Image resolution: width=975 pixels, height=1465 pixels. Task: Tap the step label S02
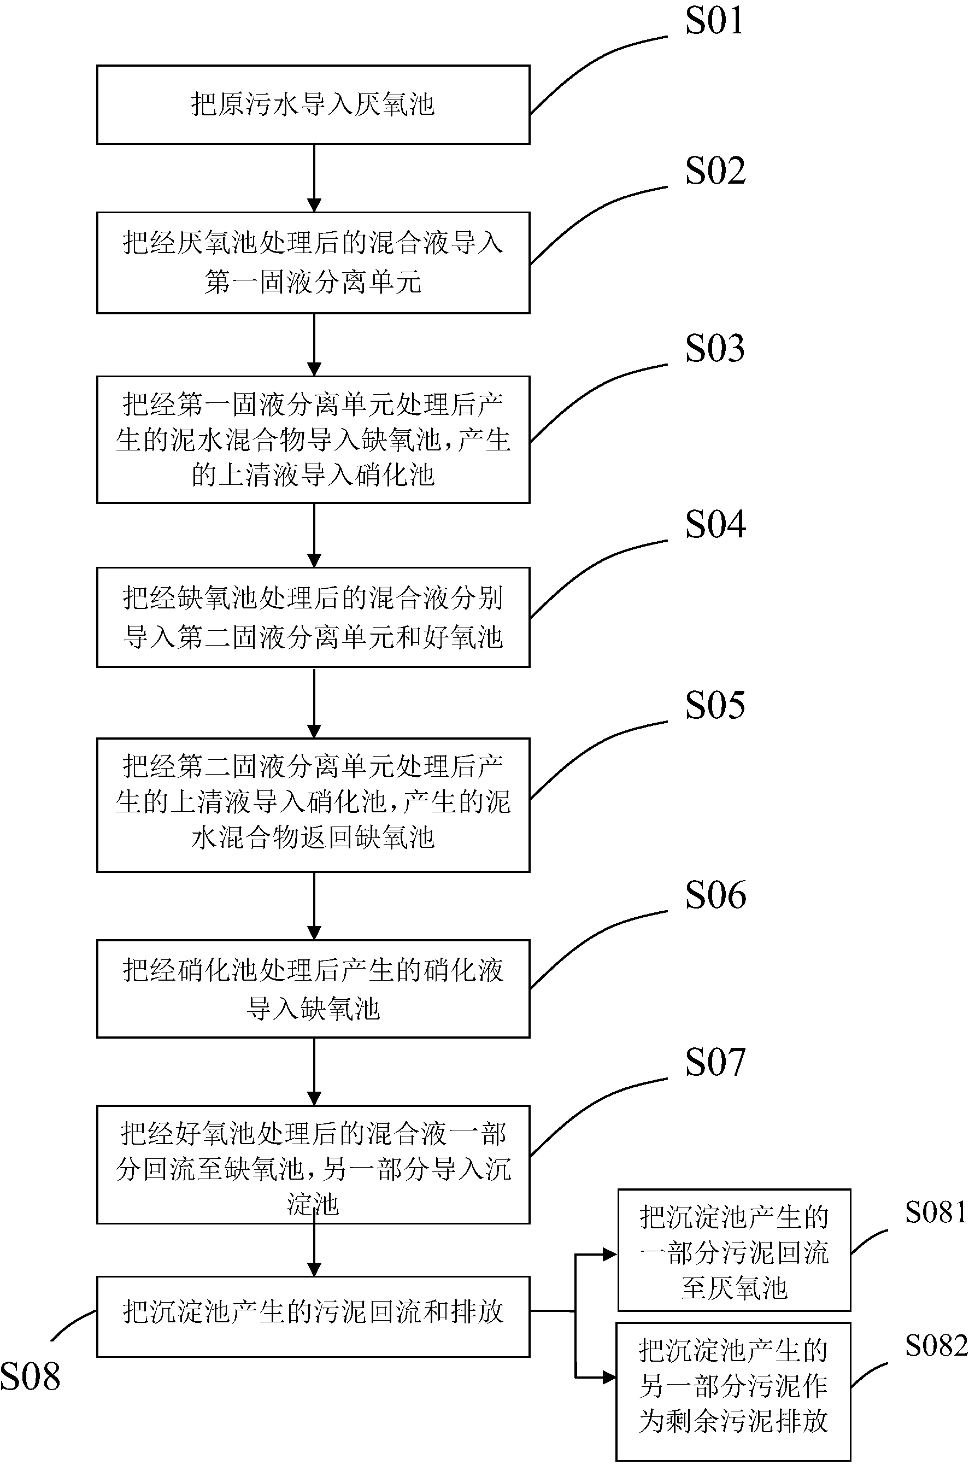(x=715, y=171)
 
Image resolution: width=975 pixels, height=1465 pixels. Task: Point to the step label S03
(x=715, y=348)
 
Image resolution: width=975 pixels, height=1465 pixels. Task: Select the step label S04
(x=715, y=524)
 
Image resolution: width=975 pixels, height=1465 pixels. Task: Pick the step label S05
(x=715, y=706)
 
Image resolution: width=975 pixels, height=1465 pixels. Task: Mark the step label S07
(x=715, y=1063)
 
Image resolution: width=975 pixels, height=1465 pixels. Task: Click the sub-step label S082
(x=936, y=1346)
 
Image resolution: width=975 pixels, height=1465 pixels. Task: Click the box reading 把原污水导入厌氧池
(x=313, y=105)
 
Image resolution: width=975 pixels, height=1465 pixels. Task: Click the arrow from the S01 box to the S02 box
(x=315, y=178)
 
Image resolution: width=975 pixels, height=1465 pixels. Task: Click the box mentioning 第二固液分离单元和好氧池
(x=313, y=618)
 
